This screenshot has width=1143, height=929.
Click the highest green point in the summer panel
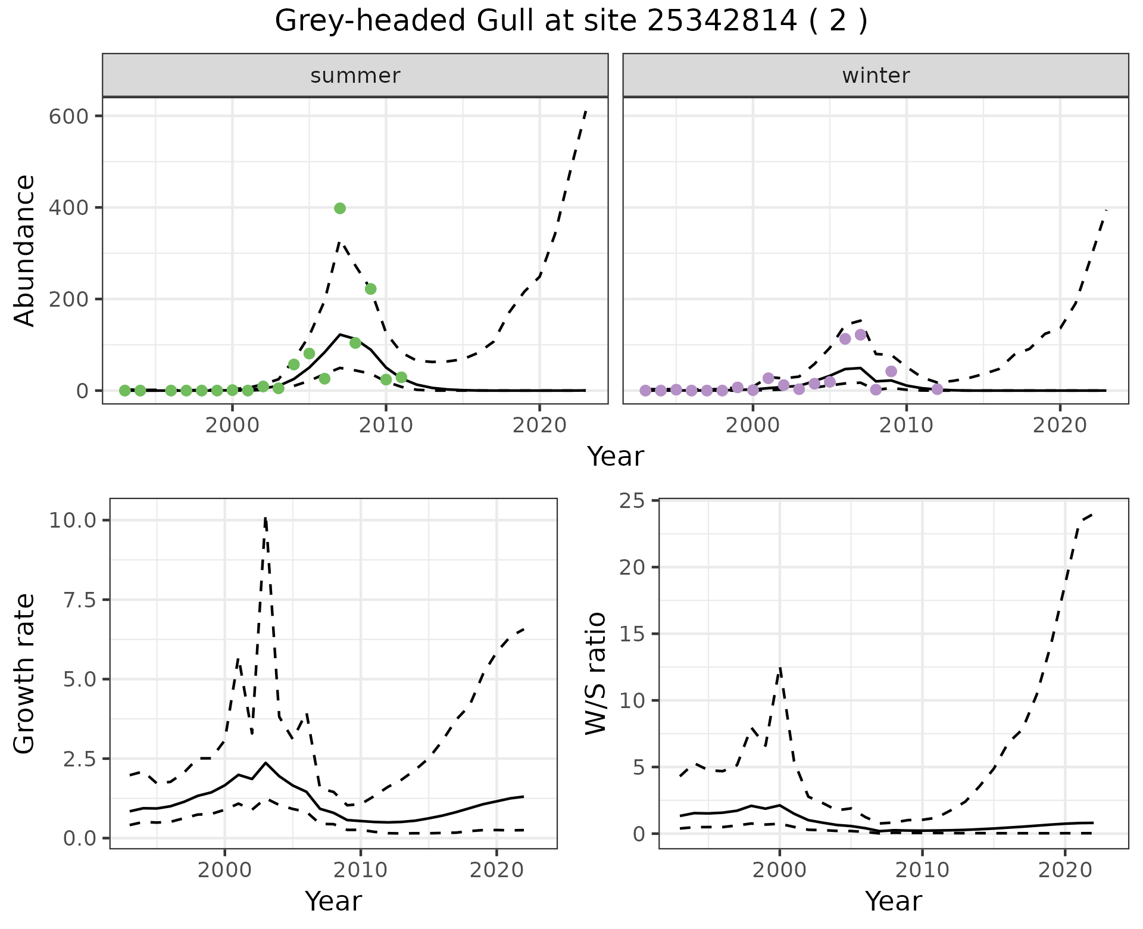(x=340, y=208)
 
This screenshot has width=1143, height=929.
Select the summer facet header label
(x=355, y=76)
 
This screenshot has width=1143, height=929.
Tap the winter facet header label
(x=876, y=76)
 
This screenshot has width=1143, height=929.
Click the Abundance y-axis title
(x=25, y=250)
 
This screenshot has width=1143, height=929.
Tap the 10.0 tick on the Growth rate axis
(x=73, y=520)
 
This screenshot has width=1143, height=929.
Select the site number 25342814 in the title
(x=722, y=21)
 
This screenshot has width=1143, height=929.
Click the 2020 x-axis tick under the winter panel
(x=1060, y=426)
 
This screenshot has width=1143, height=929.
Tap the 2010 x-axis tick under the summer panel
(x=386, y=426)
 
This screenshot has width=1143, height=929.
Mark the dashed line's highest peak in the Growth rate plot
(x=265, y=518)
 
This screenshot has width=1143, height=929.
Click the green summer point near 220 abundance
(x=370, y=289)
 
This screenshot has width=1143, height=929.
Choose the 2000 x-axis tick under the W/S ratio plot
(x=779, y=870)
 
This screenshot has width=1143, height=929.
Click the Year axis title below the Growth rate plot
(x=333, y=901)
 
